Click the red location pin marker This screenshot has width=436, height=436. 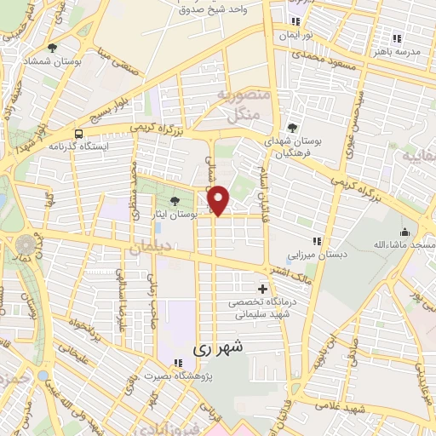(x=219, y=199)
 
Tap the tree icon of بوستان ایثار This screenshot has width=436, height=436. (x=175, y=202)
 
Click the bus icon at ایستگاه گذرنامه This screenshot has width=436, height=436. (x=78, y=134)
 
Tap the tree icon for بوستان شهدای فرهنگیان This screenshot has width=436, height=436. (x=293, y=128)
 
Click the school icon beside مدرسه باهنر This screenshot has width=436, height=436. (x=397, y=37)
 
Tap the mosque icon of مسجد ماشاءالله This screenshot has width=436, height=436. (x=404, y=231)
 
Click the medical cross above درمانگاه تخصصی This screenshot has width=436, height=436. (x=262, y=290)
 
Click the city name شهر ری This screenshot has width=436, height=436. (x=218, y=347)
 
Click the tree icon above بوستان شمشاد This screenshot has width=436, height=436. (x=53, y=48)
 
